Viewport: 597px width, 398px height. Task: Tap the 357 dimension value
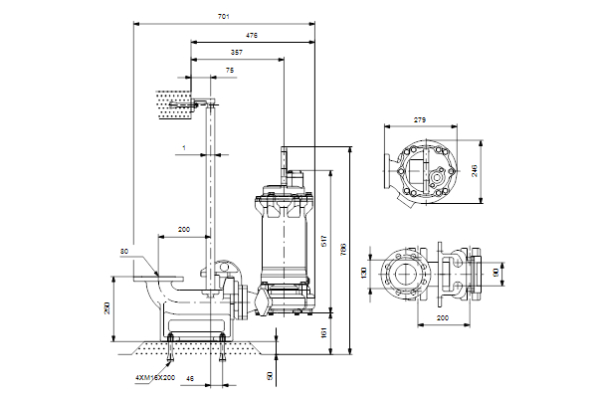235,53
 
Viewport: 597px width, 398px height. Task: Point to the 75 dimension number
203,71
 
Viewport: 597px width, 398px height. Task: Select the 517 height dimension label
324,241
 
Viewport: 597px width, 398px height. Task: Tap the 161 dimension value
324,330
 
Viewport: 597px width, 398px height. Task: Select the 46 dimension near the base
191,378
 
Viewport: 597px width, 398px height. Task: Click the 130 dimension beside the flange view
364,273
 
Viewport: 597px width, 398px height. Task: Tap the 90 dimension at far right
494,272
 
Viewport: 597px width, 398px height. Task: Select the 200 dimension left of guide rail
183,230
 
